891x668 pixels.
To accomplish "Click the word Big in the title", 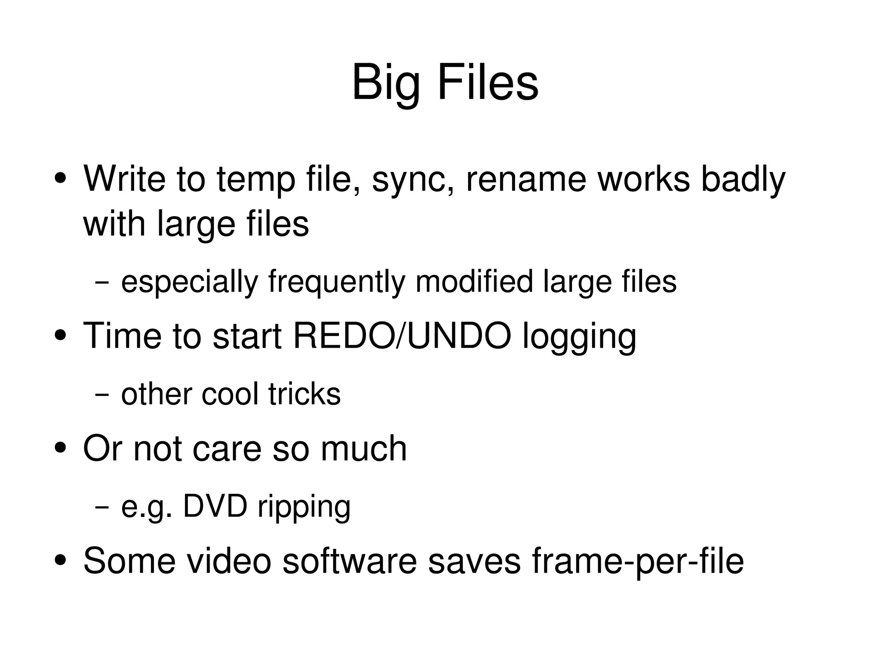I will pos(386,83).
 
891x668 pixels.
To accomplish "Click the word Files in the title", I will pos(488,83).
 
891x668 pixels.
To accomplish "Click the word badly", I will pos(743,179).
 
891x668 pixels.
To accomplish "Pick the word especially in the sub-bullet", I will pos(190,282).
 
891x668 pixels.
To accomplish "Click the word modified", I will pos(474,281).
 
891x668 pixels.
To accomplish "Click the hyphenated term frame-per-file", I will pos(637,561).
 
